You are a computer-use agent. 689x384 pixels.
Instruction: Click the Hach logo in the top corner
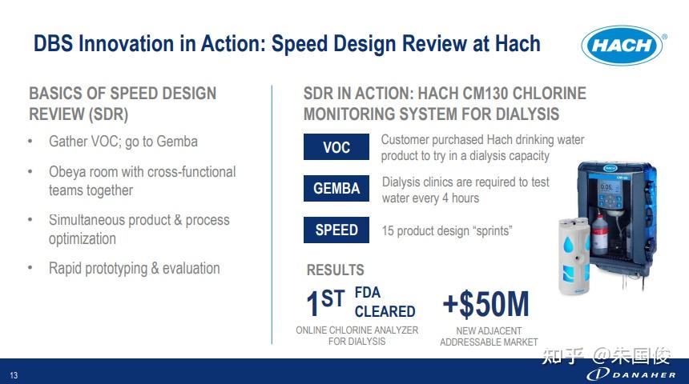623,46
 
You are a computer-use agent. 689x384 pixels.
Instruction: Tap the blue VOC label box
336,146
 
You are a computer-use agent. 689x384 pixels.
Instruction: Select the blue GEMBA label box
336,188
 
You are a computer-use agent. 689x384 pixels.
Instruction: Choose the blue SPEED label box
336,230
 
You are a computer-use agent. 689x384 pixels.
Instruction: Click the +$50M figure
486,304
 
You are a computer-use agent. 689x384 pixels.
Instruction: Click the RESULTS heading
335,270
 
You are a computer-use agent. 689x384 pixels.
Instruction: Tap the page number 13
14,375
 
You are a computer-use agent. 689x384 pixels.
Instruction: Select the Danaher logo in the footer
631,374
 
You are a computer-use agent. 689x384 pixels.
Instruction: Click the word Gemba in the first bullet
177,142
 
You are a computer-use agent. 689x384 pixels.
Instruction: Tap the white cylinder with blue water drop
574,256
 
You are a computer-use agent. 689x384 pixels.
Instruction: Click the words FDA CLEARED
385,302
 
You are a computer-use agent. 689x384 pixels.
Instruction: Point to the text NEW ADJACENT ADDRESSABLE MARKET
489,337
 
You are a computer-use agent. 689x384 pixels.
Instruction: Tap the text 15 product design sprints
447,231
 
